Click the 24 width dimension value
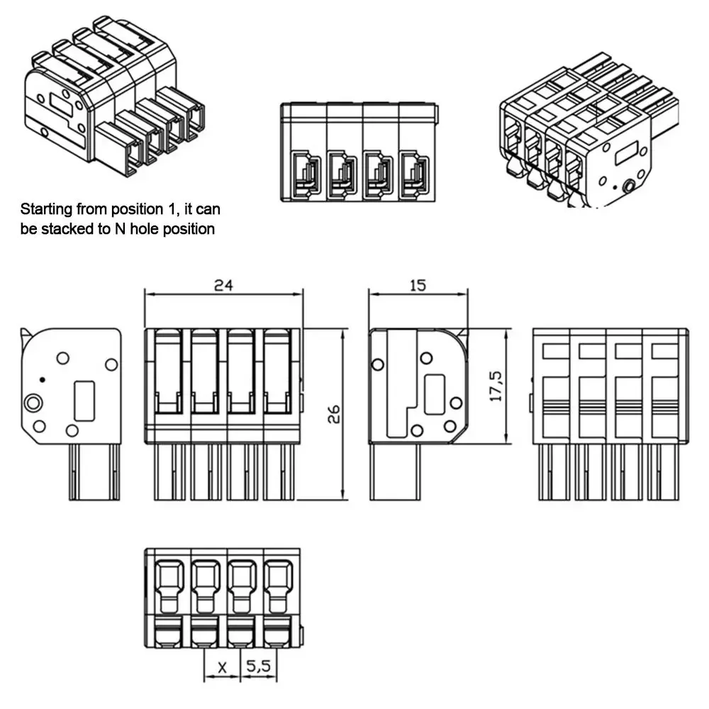click(224, 285)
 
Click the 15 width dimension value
click(418, 285)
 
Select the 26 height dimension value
click(333, 414)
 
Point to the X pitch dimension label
click(222, 667)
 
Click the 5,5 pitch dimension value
click(259, 667)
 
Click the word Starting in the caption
click(46, 209)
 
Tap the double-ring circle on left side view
click(32, 404)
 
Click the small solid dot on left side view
click(42, 380)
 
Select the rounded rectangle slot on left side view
click(84, 401)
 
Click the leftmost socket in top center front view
click(305, 175)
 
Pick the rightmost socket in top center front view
click(415, 175)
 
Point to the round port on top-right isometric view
click(629, 186)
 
